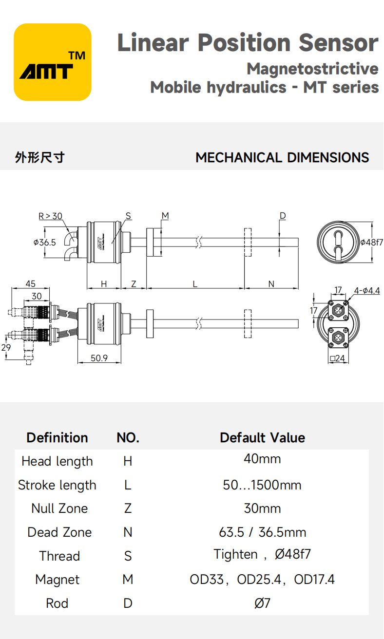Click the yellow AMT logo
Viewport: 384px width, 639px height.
(x=52, y=62)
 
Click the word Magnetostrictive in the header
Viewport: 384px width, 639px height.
(x=312, y=69)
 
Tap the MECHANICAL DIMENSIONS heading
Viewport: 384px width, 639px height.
(x=282, y=158)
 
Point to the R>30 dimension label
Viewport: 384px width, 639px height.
(x=50, y=216)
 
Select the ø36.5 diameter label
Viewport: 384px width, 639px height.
(x=44, y=242)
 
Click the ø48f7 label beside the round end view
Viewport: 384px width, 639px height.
(x=371, y=242)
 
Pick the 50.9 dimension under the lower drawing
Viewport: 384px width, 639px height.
(x=99, y=358)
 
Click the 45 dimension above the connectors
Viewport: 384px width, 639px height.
(x=30, y=284)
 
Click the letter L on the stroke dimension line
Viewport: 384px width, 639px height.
(x=195, y=284)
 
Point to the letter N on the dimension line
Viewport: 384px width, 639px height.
(x=271, y=284)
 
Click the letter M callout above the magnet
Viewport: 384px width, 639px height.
(x=165, y=216)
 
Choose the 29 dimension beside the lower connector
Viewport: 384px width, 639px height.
(x=6, y=347)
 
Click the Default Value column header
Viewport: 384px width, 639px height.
(x=262, y=437)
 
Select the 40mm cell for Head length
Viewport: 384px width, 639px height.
(x=262, y=459)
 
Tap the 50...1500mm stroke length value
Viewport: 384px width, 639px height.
(x=262, y=485)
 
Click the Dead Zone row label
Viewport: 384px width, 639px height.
(x=59, y=532)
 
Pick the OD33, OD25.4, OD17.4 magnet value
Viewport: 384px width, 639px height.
(x=262, y=580)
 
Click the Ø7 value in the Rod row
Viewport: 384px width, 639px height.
(x=262, y=603)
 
